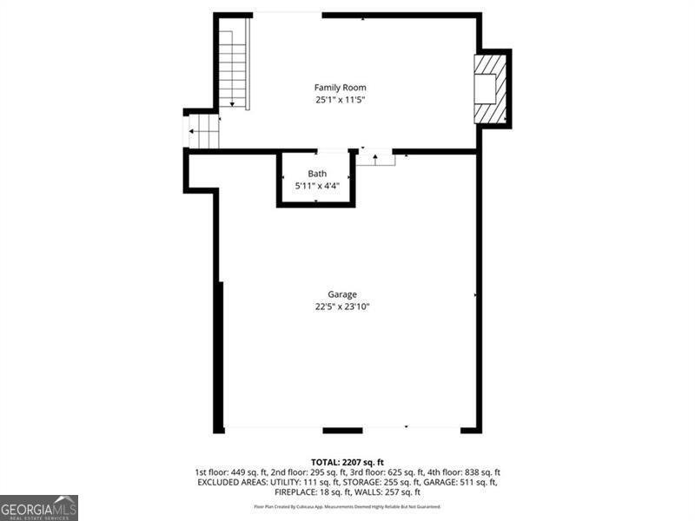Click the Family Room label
point(340,87)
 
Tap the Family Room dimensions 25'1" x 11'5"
point(340,100)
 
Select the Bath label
point(317,174)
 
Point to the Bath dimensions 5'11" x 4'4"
point(317,185)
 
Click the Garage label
point(342,294)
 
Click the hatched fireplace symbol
point(490,89)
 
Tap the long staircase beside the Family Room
point(233,68)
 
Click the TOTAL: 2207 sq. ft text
point(347,461)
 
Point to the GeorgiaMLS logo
point(39,507)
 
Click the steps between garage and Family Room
point(375,158)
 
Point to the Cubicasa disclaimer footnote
point(347,506)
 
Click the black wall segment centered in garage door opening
point(342,430)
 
